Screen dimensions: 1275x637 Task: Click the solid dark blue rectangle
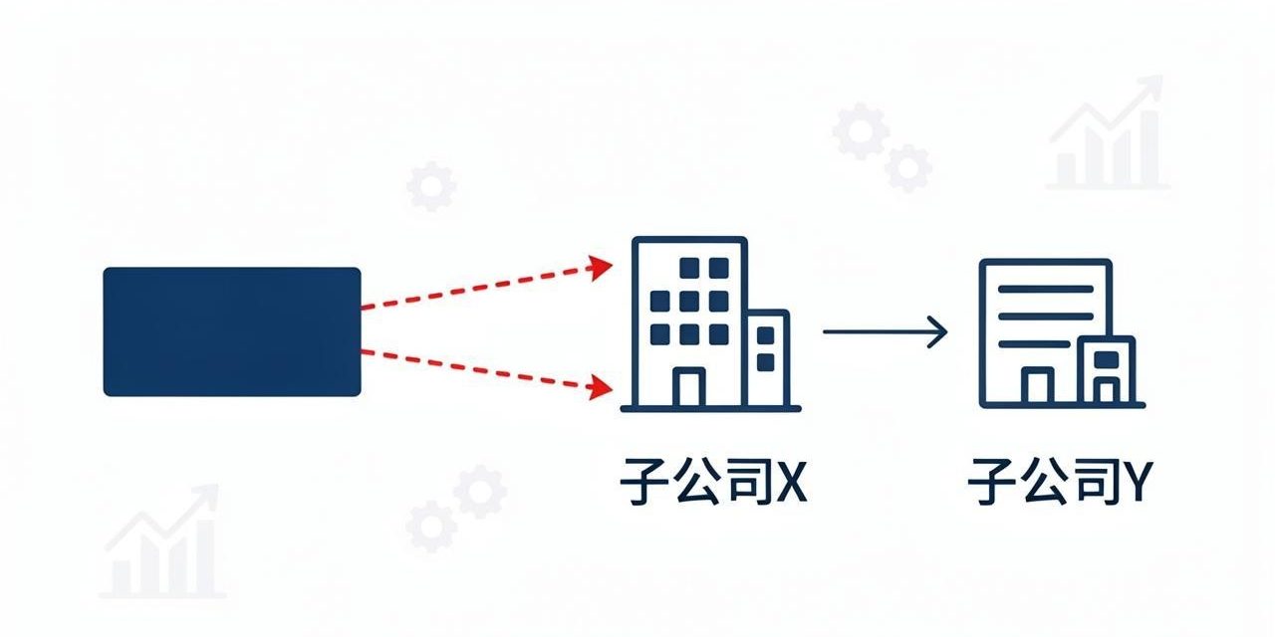[232, 331]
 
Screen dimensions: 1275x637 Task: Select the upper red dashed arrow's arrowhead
[601, 268]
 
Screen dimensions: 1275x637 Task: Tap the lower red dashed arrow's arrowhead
[601, 387]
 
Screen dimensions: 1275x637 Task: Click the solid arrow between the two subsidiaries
[886, 331]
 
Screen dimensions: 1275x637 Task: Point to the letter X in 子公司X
[792, 481]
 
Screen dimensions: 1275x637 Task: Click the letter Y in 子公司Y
[1137, 481]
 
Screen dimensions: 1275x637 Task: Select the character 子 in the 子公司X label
[643, 481]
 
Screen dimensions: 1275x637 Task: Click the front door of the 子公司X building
[689, 387]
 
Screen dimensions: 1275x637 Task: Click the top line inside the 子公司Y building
[1046, 289]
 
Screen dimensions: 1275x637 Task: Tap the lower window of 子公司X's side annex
[766, 362]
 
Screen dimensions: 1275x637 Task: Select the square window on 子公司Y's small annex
[1107, 359]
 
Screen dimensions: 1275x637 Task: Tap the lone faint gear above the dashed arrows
[431, 186]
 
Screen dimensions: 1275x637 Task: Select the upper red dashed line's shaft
[475, 289]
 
